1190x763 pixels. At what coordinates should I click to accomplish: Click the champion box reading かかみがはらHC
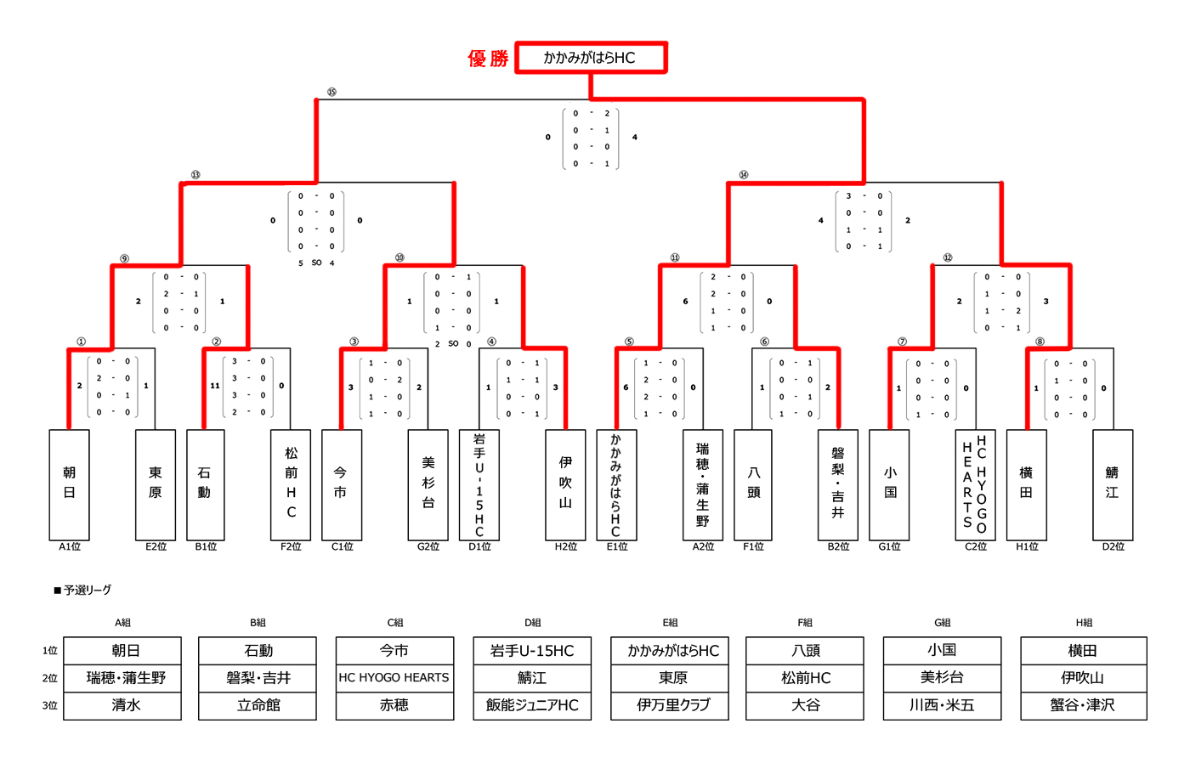coord(591,58)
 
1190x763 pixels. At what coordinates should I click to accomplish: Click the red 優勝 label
coord(488,59)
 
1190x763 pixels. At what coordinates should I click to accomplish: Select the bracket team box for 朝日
coord(70,484)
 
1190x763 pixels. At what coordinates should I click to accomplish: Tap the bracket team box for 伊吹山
coord(565,484)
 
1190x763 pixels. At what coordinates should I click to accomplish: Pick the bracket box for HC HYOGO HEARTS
coord(975,484)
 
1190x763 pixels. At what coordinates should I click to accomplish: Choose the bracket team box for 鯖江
coord(1112,484)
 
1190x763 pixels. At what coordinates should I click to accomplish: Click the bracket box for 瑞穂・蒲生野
coord(703,484)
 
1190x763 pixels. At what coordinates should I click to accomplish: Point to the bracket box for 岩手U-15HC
coord(479,484)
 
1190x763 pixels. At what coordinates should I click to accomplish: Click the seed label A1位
coord(70,546)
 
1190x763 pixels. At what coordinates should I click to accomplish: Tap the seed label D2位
coord(1113,546)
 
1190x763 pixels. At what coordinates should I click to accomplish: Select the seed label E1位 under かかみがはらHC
coord(617,546)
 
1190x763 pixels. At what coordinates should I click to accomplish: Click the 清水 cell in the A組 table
coord(126,705)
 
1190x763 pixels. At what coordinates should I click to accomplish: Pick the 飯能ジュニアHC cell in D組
coord(532,705)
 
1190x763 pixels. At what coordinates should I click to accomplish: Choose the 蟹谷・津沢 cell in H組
coord(1082,705)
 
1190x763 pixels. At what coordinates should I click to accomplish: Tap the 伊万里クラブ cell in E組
coord(673,705)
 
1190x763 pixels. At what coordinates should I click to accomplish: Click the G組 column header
coord(942,623)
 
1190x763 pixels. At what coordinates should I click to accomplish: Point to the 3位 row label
coord(50,705)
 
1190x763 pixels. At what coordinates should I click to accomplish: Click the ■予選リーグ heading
coord(82,590)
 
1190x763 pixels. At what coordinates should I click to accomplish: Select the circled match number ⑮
coord(331,92)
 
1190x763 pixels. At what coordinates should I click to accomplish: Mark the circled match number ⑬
coord(195,175)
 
